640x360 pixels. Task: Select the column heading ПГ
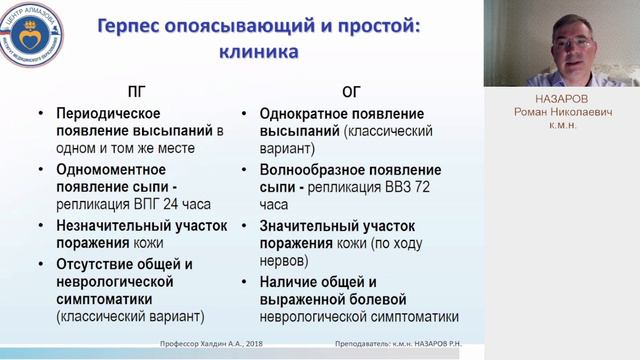pos(139,88)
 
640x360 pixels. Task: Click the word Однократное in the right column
pos(307,114)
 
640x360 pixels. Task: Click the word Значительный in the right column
pos(309,226)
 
